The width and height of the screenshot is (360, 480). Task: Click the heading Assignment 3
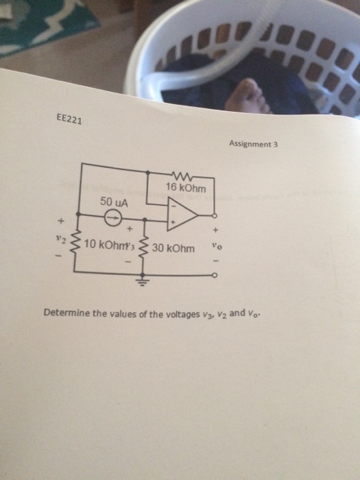pos(252,145)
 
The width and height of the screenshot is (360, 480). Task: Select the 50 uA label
pos(113,203)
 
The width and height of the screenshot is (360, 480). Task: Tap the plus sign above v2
pos(60,221)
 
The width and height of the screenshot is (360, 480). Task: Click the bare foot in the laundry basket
pos(249,94)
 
